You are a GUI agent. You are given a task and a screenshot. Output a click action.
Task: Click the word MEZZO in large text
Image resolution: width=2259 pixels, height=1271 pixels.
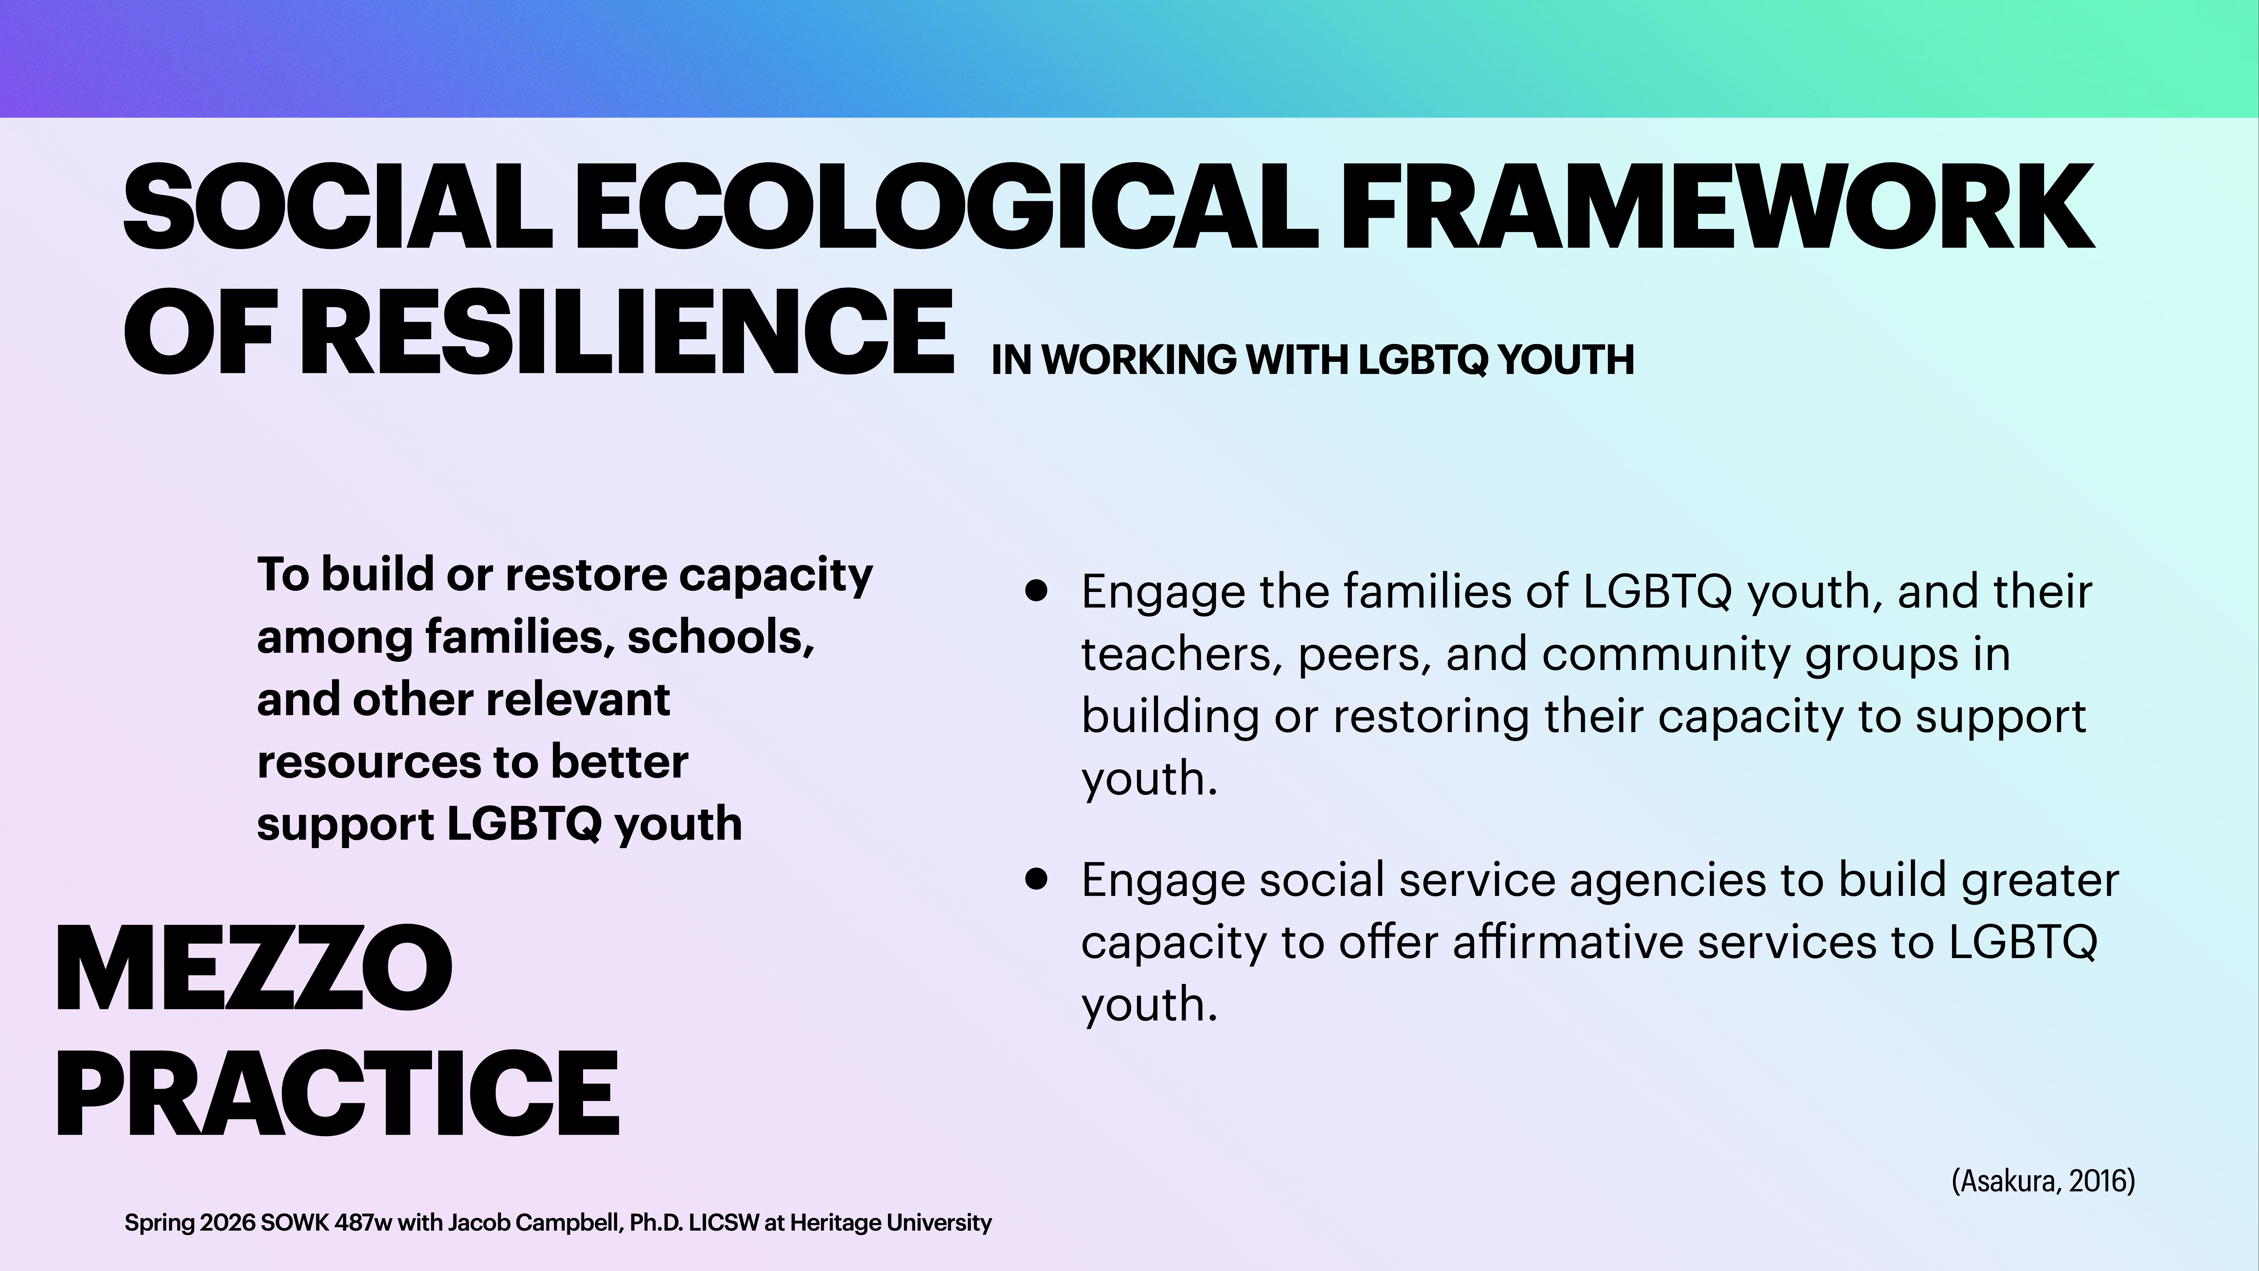[x=254, y=969]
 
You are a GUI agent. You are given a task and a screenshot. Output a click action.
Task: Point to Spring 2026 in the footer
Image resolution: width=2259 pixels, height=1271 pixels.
[x=189, y=1223]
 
